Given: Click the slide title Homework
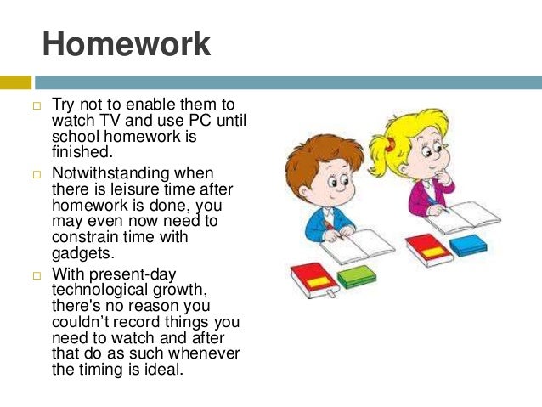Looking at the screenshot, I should tap(126, 44).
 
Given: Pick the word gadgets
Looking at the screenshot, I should tap(82, 252).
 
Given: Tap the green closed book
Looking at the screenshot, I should tap(356, 277).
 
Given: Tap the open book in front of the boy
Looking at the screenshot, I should tap(357, 246).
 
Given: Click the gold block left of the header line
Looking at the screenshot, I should tap(15, 82).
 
